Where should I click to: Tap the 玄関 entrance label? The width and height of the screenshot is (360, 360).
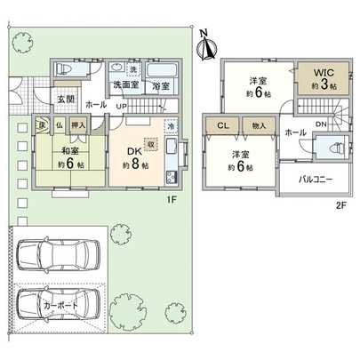click(66, 99)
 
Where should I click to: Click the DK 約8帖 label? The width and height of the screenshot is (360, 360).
click(136, 158)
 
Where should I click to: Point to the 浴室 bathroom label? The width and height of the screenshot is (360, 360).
click(161, 86)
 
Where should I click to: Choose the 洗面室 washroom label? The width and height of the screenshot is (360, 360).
click(124, 86)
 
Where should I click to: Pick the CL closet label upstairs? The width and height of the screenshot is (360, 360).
click(222, 126)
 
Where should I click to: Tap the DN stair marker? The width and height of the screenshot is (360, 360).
click(320, 124)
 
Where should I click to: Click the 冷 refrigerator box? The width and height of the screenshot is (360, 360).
click(172, 127)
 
